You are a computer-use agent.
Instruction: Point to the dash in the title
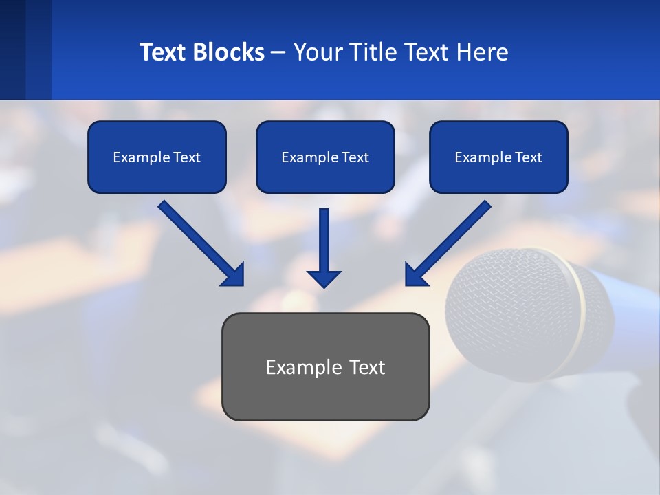click(278, 53)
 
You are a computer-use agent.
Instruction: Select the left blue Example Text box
click(157, 157)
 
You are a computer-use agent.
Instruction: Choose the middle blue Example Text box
click(325, 157)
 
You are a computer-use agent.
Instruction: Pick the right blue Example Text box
click(498, 157)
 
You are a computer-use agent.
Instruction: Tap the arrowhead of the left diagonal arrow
click(234, 275)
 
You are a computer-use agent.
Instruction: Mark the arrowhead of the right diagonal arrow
click(415, 275)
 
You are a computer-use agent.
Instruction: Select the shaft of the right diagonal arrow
click(457, 234)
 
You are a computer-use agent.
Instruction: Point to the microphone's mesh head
click(509, 309)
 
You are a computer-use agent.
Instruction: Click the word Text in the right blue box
click(529, 157)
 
